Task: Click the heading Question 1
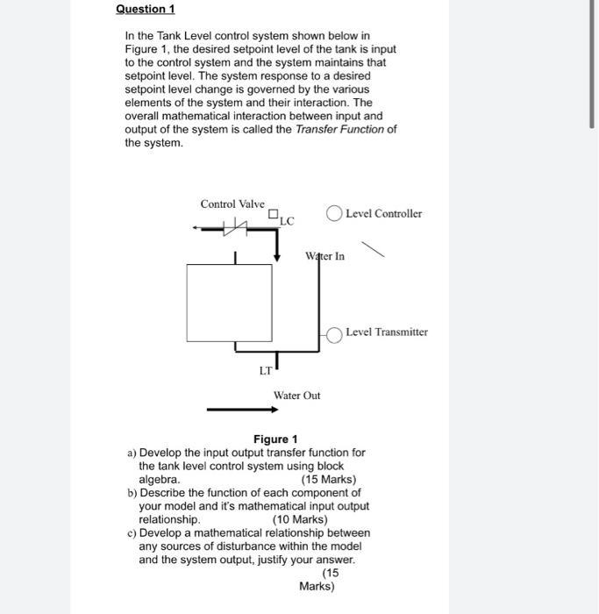tap(146, 9)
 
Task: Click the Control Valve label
tap(232, 203)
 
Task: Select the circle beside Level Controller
tap(333, 213)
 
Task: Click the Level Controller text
tap(383, 213)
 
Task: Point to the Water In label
tap(324, 256)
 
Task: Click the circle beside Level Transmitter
tap(334, 332)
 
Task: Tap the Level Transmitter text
tap(386, 332)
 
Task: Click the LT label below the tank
tap(265, 371)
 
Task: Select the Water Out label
tap(296, 396)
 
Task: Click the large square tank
tap(229, 302)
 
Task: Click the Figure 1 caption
tap(275, 439)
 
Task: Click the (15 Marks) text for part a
tap(328, 480)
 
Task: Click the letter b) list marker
tap(132, 493)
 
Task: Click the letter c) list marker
tap(132, 532)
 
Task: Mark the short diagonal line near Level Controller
tap(373, 251)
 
